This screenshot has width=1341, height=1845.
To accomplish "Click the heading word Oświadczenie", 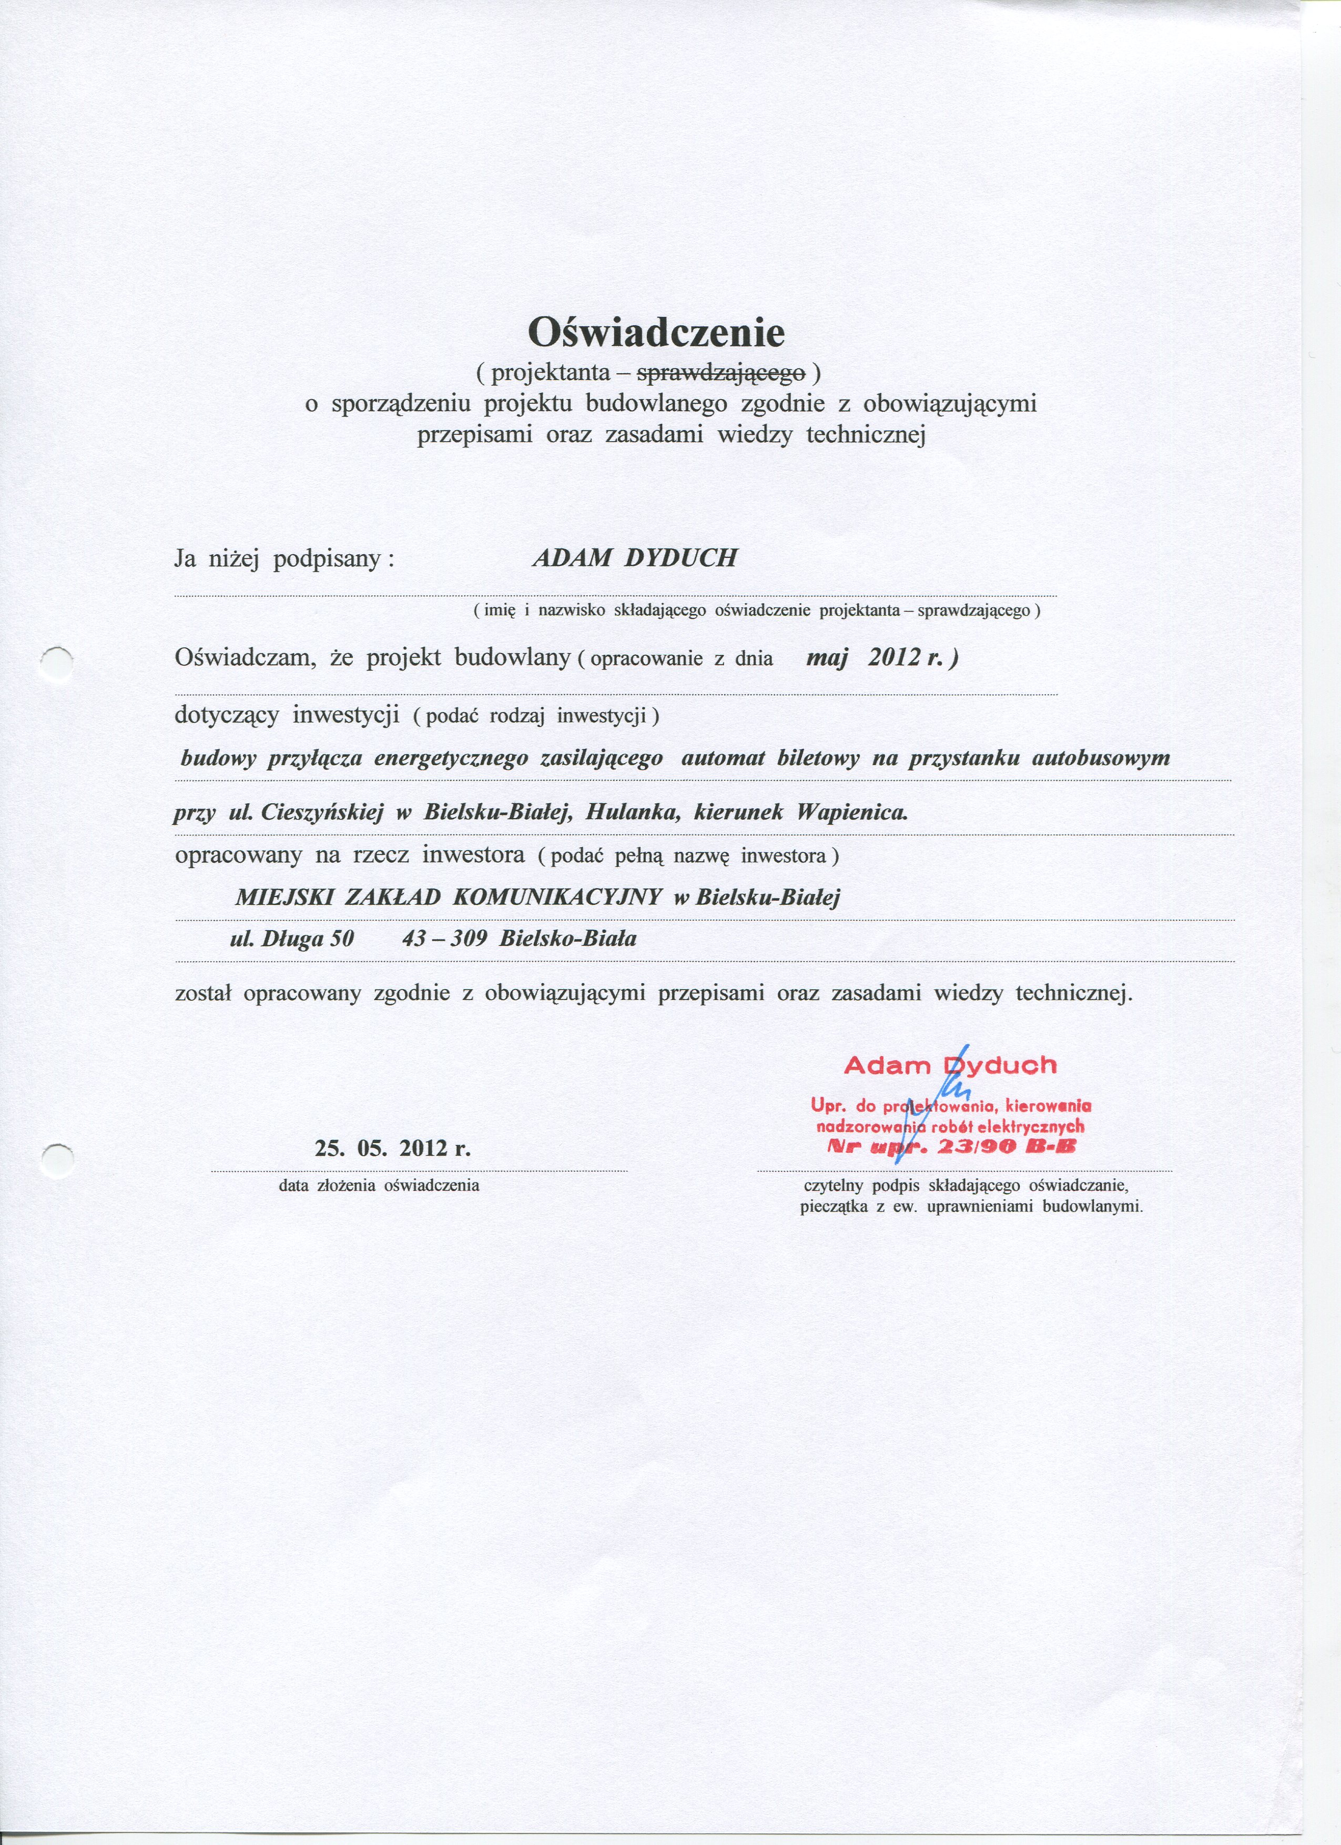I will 656,332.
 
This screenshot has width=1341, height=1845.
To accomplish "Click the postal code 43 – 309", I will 444,939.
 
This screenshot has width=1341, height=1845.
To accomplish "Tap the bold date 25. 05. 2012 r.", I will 393,1149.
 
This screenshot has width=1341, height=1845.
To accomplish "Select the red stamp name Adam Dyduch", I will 950,1065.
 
